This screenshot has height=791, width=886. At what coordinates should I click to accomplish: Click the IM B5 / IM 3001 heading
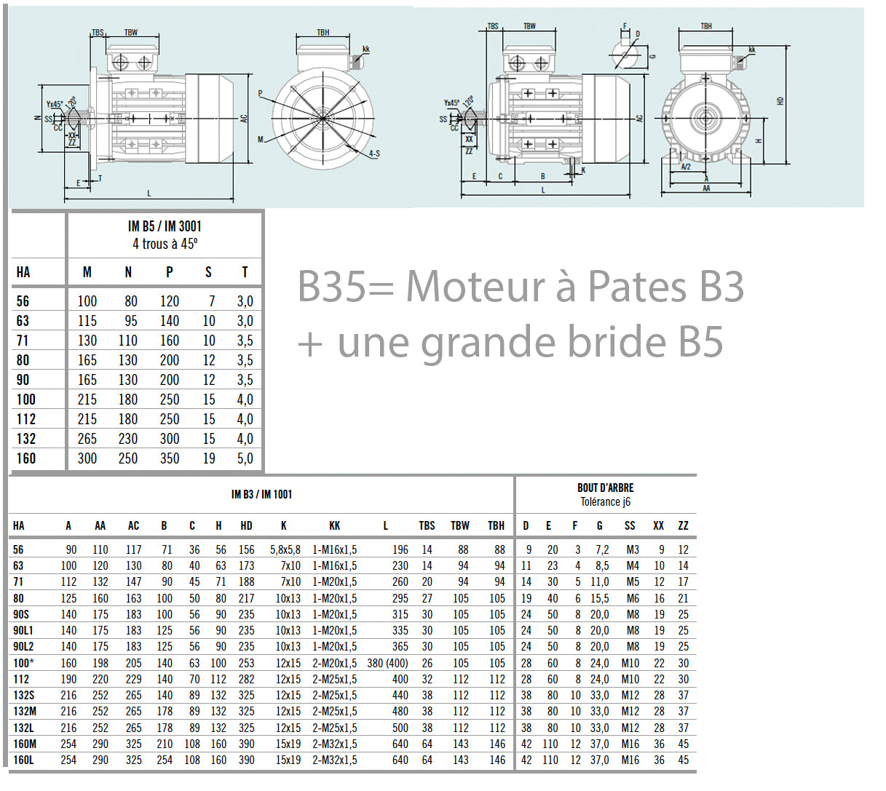pyautogui.click(x=165, y=226)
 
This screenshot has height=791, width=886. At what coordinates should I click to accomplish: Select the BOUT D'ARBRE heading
pyautogui.click(x=605, y=488)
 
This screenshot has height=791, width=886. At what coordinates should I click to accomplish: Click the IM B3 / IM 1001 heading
pyautogui.click(x=261, y=495)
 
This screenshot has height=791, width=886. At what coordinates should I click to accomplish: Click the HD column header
pyautogui.click(x=246, y=525)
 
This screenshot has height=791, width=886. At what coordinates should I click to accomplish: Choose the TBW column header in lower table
pyautogui.click(x=460, y=525)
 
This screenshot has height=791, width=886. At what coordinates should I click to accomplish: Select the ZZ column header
pyautogui.click(x=683, y=525)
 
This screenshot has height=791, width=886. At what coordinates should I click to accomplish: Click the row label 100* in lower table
pyautogui.click(x=23, y=663)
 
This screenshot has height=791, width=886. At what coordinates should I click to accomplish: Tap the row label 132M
pyautogui.click(x=25, y=712)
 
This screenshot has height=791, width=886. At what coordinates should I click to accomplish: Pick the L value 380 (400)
pyautogui.click(x=387, y=663)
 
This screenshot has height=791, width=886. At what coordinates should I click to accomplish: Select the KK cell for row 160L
pyautogui.click(x=334, y=760)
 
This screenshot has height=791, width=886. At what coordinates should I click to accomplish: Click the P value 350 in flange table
pyautogui.click(x=170, y=458)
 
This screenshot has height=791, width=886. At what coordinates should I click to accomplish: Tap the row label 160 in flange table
pyautogui.click(x=25, y=458)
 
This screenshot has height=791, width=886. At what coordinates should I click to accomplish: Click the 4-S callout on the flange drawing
pyautogui.click(x=373, y=154)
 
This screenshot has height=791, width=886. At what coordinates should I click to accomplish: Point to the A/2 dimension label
pyautogui.click(x=686, y=167)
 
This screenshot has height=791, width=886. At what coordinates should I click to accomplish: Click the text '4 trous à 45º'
pyautogui.click(x=165, y=244)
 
